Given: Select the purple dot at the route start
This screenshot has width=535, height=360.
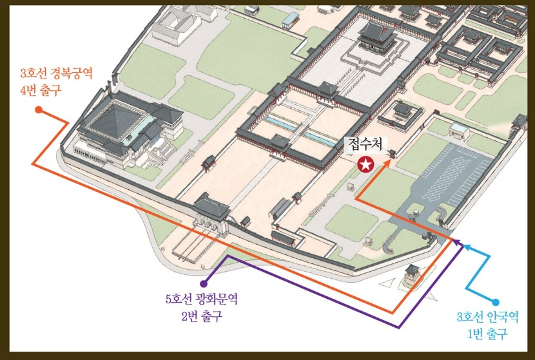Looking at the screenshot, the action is point(204,283).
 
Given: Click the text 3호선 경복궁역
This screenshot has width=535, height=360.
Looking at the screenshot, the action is point(57,74).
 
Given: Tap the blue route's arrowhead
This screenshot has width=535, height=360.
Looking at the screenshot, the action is point(467,246).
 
